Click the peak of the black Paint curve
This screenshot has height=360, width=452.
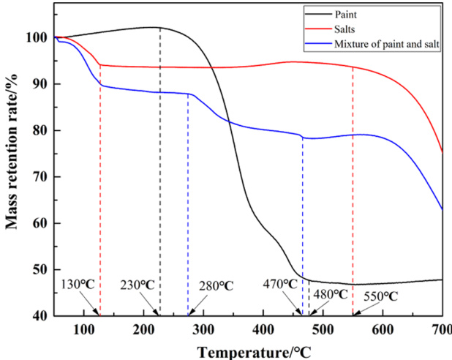click(x=160, y=28)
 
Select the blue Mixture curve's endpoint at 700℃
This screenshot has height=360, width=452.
click(x=442, y=209)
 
